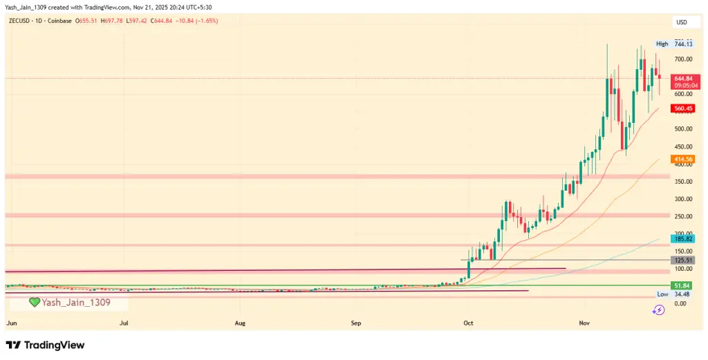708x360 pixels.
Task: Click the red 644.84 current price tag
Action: tap(683, 78)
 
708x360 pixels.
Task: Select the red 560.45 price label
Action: tap(683, 108)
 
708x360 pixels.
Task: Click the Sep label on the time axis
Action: tap(355, 323)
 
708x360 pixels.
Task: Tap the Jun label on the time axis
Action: tap(11, 323)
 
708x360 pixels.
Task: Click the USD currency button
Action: tap(683, 23)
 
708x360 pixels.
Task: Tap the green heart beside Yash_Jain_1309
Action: tap(34, 303)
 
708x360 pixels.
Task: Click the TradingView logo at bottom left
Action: tap(45, 345)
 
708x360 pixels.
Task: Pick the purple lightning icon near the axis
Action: tap(658, 310)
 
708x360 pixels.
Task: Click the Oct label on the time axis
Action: tap(468, 323)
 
